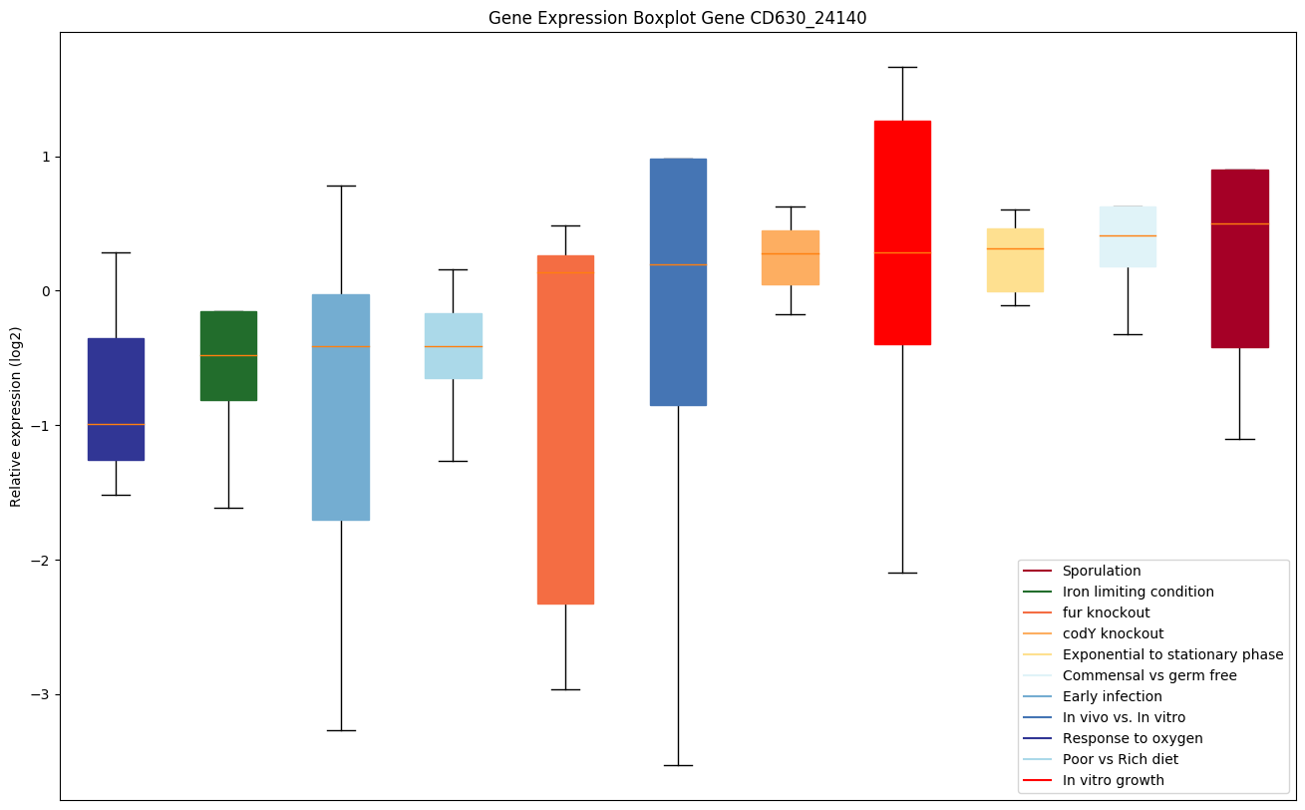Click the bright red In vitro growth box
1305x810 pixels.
(x=902, y=232)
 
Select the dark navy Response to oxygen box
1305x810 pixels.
(x=116, y=399)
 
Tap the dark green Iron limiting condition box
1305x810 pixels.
(x=228, y=356)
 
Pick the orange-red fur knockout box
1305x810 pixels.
(x=565, y=429)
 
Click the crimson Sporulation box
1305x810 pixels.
(x=1239, y=258)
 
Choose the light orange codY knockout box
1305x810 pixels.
(x=790, y=257)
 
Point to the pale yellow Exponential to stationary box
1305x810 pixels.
(x=1015, y=259)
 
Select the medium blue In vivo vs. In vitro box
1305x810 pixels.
(x=678, y=281)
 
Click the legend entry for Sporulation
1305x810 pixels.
(x=1101, y=571)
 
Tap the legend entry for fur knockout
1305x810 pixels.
(x=1106, y=612)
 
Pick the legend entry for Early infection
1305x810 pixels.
(x=1112, y=696)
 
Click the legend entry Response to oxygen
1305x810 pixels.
(x=1132, y=738)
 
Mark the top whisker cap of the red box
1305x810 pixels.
(x=902, y=67)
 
